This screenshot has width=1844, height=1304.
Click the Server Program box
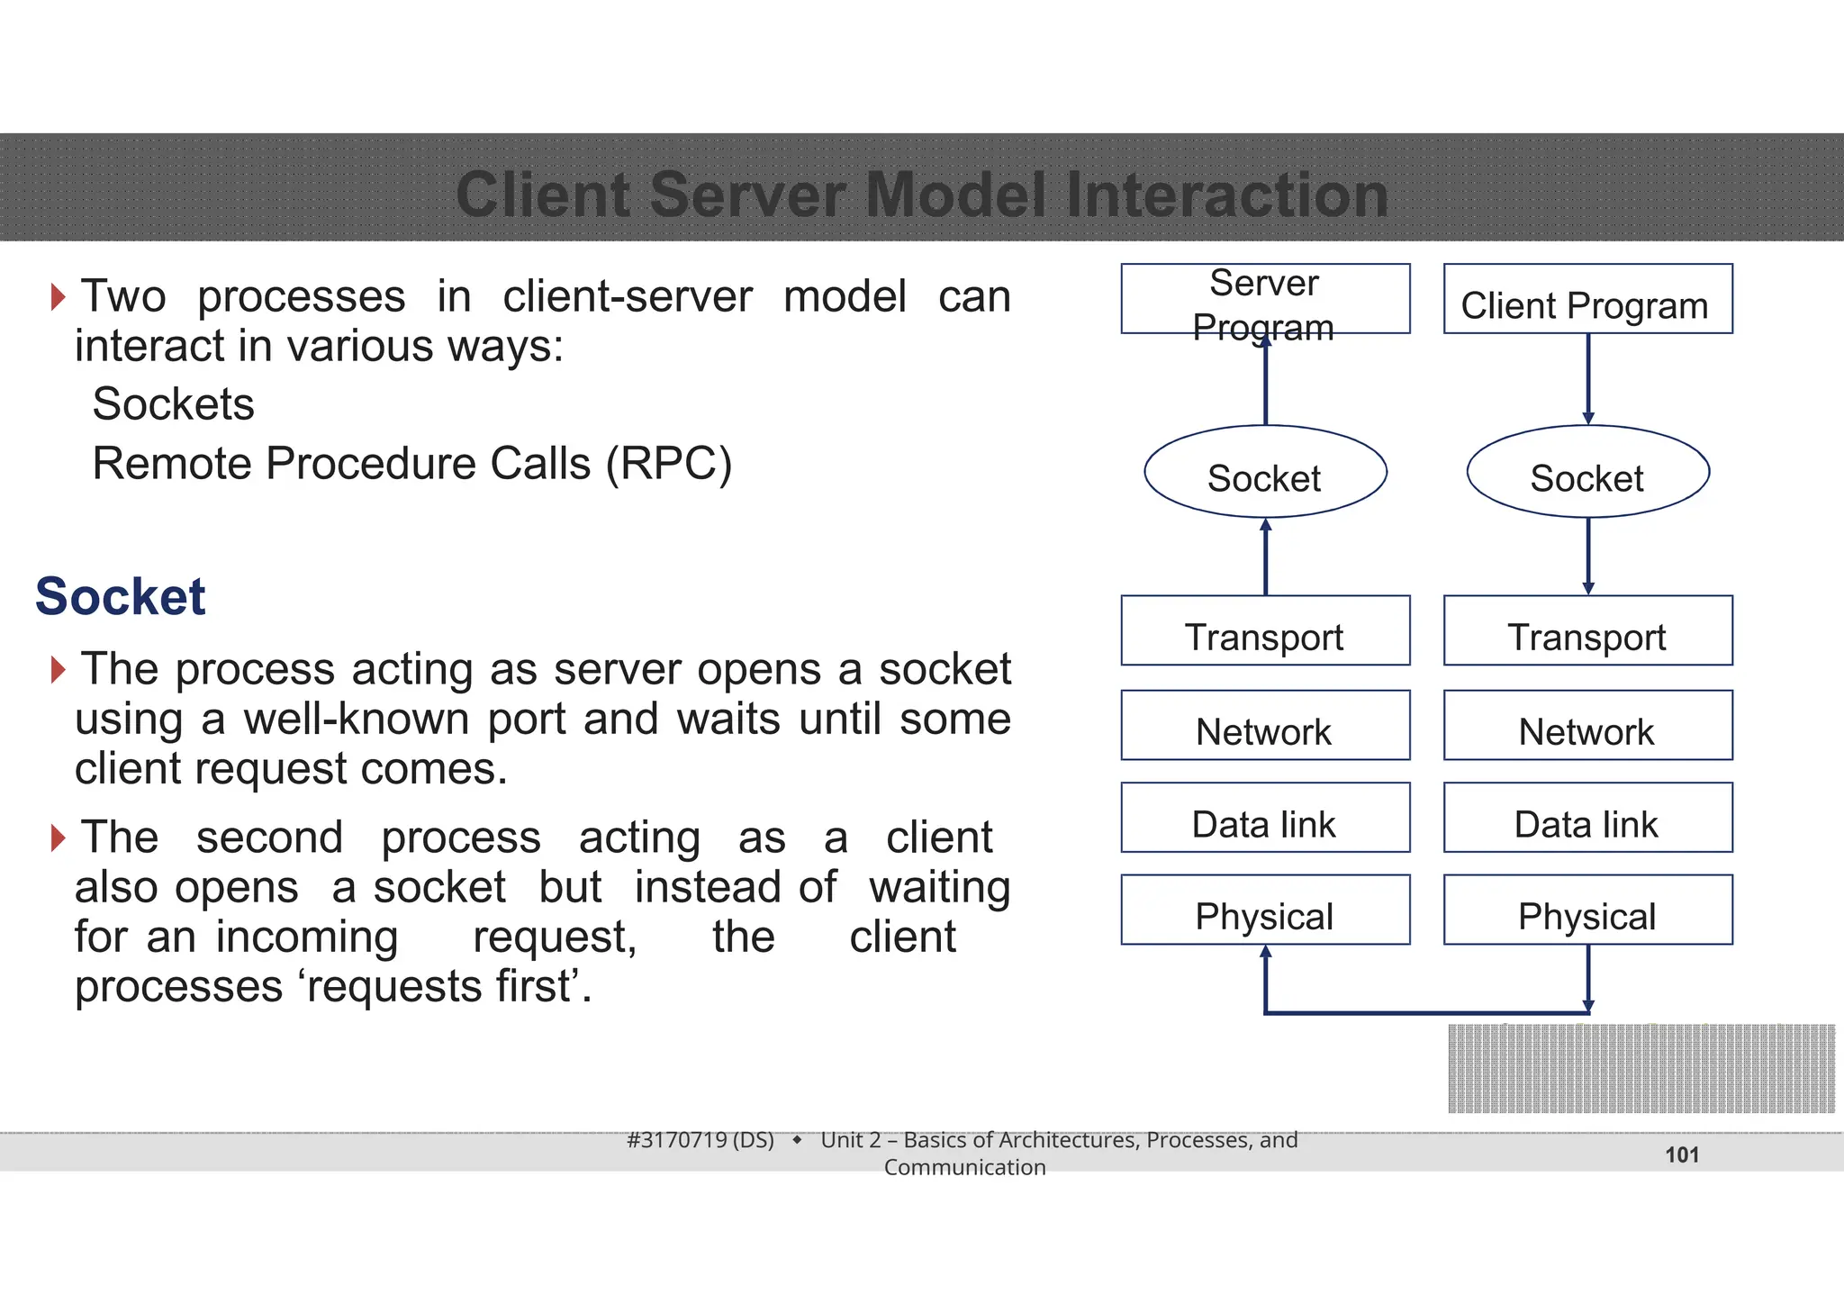click(x=1265, y=299)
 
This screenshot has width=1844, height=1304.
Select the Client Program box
click(x=1587, y=299)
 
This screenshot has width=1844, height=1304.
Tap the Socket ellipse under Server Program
click(x=1265, y=472)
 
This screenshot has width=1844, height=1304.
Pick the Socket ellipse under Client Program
click(x=1587, y=472)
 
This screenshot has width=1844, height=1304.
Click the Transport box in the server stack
click(x=1265, y=630)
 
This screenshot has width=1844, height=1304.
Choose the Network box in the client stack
click(x=1587, y=725)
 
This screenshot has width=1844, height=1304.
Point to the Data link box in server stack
click(x=1265, y=818)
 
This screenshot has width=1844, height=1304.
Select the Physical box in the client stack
click(x=1587, y=910)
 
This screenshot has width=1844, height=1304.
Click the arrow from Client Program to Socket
click(x=1588, y=378)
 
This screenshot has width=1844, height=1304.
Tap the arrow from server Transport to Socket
click(x=1266, y=558)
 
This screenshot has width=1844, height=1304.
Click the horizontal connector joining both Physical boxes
click(x=1427, y=1013)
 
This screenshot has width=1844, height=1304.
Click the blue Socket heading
click(x=121, y=596)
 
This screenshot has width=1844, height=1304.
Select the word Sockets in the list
click(x=174, y=403)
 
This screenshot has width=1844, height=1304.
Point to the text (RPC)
click(x=669, y=465)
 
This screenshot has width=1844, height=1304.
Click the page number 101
click(x=1681, y=1155)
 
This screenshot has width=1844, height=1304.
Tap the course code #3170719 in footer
click(x=676, y=1140)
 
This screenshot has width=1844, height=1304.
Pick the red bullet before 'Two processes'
click(x=59, y=296)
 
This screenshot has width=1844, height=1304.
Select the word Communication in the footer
click(x=964, y=1168)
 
